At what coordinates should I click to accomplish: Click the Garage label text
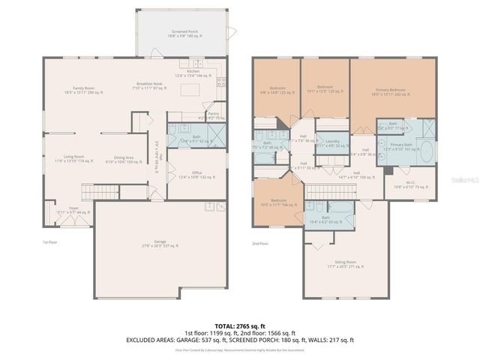[159, 243]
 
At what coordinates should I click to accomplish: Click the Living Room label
[69, 158]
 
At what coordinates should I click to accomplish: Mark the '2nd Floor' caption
[260, 243]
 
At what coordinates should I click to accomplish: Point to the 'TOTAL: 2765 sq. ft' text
[239, 326]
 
